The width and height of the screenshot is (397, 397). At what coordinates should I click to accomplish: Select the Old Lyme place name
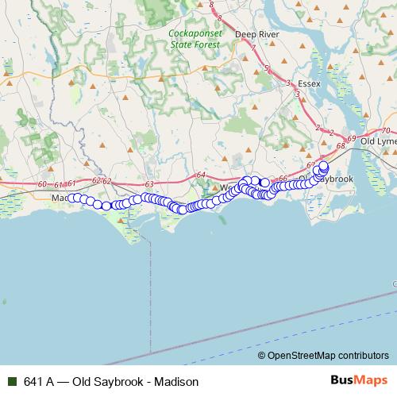(x=377, y=141)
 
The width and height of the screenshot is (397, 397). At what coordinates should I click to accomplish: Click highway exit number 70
(x=385, y=130)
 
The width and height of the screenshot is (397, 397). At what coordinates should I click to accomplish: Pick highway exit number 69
(x=352, y=138)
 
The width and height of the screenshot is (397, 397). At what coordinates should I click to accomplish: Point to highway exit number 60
(x=42, y=184)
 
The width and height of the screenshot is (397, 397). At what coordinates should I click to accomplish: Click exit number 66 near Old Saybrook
(x=283, y=179)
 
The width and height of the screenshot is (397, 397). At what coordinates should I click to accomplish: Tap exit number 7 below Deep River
(x=253, y=48)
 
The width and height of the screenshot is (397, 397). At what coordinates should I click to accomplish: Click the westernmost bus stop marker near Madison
(x=71, y=198)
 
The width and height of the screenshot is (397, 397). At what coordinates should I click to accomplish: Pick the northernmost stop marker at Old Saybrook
(x=323, y=166)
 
